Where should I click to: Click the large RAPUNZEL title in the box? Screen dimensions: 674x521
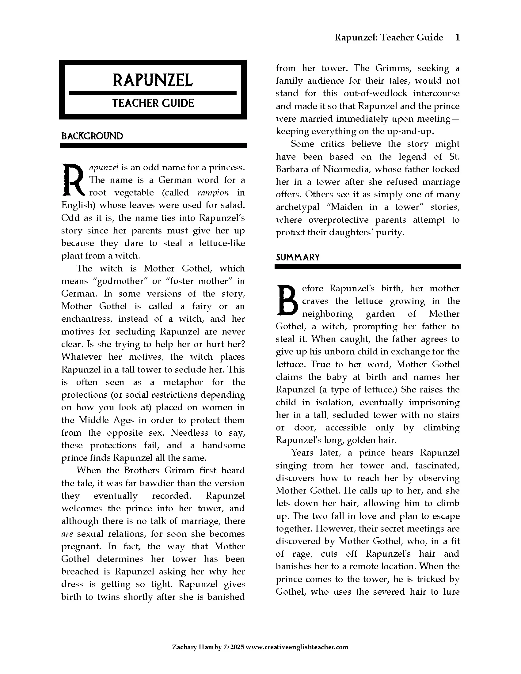coord(153,80)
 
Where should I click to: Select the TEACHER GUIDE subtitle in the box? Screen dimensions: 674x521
coord(153,103)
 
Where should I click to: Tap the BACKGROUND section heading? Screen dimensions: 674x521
coord(92,136)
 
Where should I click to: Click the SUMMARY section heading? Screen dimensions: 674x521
coord(298,257)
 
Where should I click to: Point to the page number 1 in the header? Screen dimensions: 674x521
coord(458,37)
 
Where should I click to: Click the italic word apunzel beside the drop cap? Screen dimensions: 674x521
coord(104,168)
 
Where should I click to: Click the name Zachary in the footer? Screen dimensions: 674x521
coord(184,647)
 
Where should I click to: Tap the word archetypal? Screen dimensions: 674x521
coord(297,207)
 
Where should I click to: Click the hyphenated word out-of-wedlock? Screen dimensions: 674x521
coord(375,93)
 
